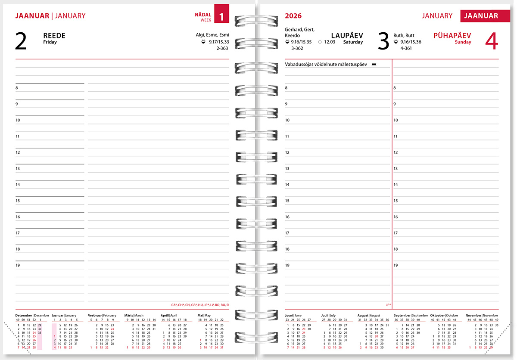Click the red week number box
pos(221,17)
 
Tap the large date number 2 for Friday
pos(21,42)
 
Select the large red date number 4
pos(491,42)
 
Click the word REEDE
pos(54,36)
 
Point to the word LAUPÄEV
pos(347,36)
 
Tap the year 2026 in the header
pos(293,16)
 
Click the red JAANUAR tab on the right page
pos(481,16)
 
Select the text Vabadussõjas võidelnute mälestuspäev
pos(326,64)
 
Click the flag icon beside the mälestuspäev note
pos(374,64)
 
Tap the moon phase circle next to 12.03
pos(320,42)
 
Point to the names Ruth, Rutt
pos(404,35)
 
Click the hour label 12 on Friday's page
pos(18,152)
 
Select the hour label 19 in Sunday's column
pos(396,265)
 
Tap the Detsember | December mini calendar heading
pos(32,315)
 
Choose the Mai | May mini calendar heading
pos(204,315)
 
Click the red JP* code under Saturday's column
pos(388,305)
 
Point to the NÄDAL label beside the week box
pos(203,15)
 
